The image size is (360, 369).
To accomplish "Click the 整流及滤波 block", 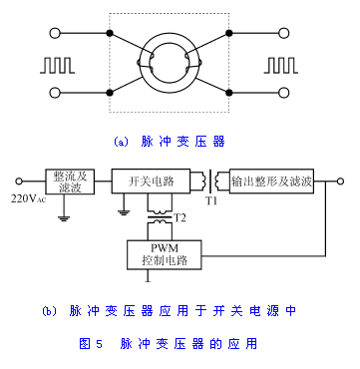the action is click(x=70, y=182).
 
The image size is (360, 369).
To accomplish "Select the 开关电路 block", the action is click(x=151, y=182).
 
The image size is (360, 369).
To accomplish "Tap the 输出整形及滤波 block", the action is click(x=271, y=182).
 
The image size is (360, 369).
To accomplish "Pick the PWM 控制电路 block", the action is click(x=165, y=254).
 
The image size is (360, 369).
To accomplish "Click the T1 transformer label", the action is click(x=210, y=201).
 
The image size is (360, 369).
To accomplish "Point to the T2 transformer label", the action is click(x=180, y=218).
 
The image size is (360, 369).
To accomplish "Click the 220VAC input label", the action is click(x=28, y=198).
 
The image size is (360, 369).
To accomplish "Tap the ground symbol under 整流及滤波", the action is click(x=64, y=218).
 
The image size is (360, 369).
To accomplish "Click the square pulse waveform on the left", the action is click(x=57, y=65).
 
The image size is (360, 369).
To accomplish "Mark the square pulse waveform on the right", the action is click(x=281, y=65).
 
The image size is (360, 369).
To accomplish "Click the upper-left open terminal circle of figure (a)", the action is click(x=55, y=33).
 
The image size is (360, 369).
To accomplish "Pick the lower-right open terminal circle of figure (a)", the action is click(x=283, y=93).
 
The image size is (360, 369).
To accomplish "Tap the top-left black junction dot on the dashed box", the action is click(x=110, y=33).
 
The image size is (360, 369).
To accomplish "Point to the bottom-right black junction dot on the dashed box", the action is click(x=228, y=93).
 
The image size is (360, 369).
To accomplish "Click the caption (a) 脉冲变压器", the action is click(x=170, y=142).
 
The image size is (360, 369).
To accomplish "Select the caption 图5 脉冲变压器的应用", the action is click(x=169, y=343).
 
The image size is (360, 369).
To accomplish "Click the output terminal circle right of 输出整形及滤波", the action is click(x=340, y=182).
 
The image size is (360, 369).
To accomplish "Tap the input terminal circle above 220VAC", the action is click(x=19, y=182).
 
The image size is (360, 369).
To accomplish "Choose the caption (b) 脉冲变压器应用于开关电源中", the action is click(x=169, y=311).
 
